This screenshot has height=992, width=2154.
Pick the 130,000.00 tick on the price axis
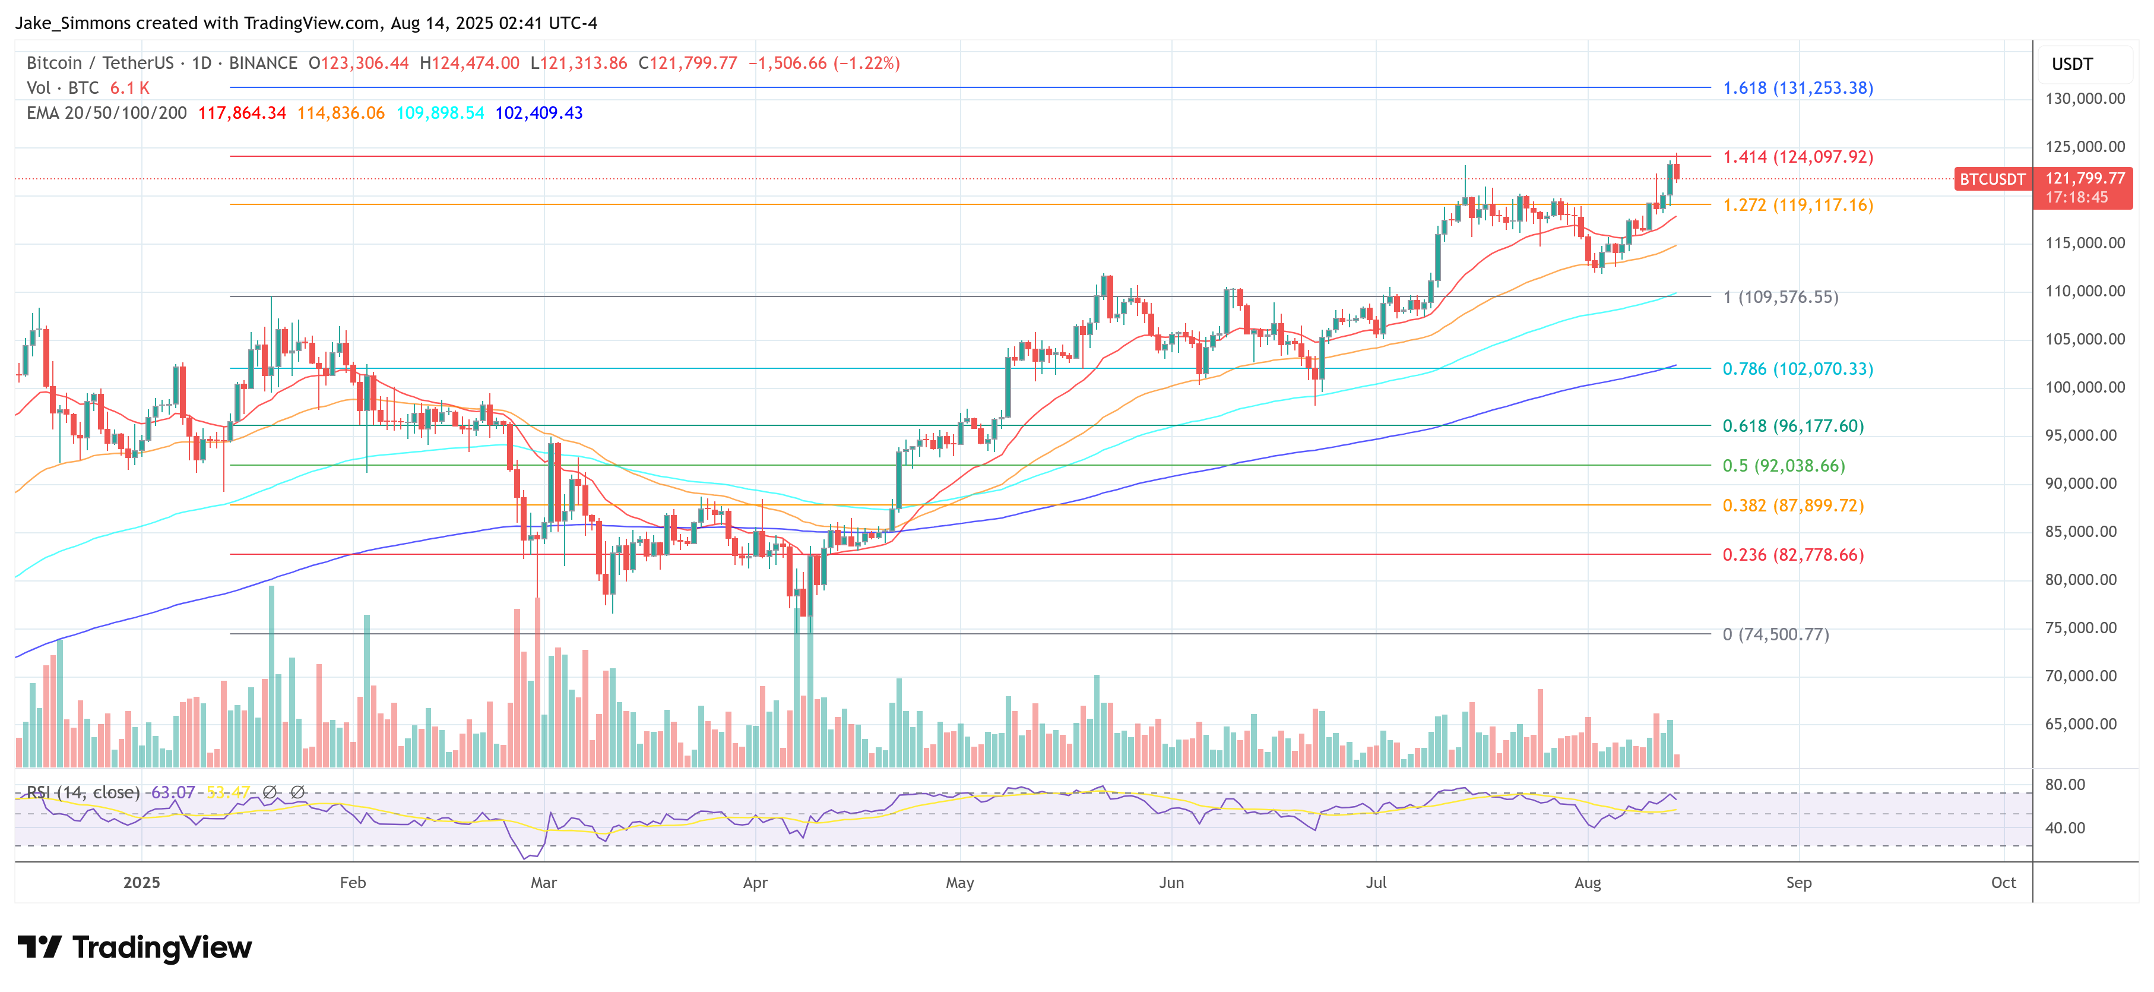[x=2085, y=99]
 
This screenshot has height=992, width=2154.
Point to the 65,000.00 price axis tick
[x=2085, y=724]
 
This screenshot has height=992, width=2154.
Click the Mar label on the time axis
[x=543, y=883]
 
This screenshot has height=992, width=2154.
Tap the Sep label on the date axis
[x=1798, y=883]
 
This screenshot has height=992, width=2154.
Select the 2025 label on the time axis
[x=141, y=883]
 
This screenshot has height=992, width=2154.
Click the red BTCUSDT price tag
[x=1992, y=179]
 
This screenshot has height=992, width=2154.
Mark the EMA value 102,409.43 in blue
[x=538, y=113]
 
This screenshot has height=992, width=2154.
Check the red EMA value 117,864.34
[x=242, y=113]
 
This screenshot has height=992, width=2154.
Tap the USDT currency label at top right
[x=2072, y=64]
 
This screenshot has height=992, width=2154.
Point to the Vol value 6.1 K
[x=129, y=88]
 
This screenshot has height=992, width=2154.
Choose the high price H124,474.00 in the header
[x=469, y=64]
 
